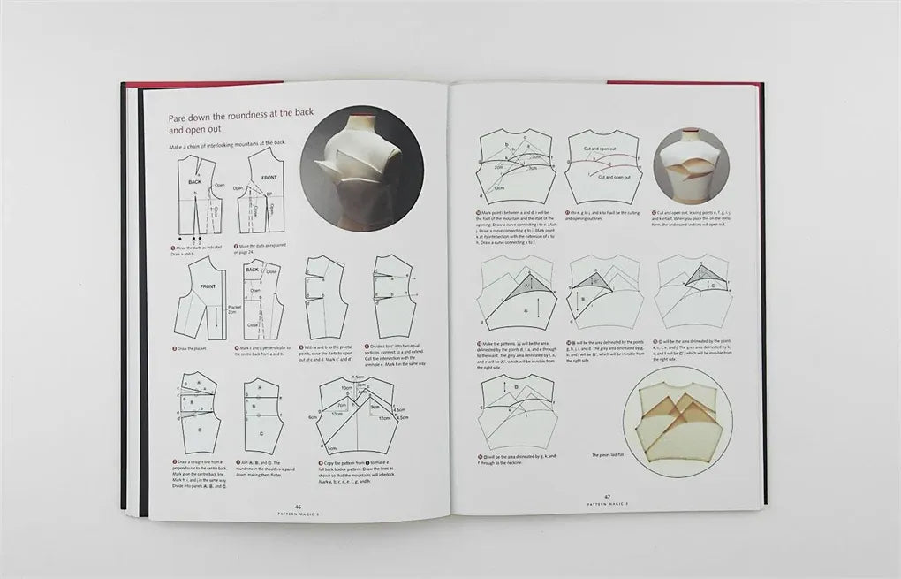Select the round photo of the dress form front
689,164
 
